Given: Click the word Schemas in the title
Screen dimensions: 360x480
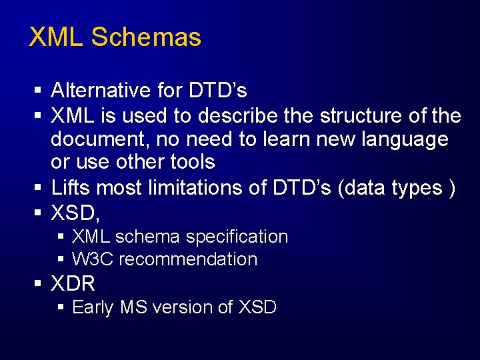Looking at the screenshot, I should tap(146, 37).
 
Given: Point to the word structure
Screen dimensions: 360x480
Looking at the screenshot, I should tap(362, 116).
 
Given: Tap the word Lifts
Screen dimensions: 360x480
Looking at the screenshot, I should tap(70, 189).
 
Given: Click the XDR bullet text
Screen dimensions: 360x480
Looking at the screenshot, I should tap(73, 284).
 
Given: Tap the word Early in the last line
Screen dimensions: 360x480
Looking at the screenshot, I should tap(93, 307).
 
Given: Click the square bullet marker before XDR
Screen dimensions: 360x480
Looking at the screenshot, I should tap(39, 284).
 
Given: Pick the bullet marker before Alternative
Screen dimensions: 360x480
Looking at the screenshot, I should tap(39, 90).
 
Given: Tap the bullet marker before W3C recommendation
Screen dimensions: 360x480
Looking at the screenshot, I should tap(61, 259).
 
